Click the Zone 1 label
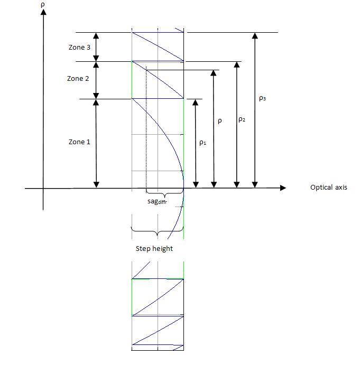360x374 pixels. pyautogui.click(x=79, y=142)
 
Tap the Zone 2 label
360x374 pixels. pyautogui.click(x=78, y=79)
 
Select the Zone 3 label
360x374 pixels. pyautogui.click(x=79, y=47)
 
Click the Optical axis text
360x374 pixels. pyautogui.click(x=329, y=188)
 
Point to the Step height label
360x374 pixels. pyautogui.click(x=154, y=249)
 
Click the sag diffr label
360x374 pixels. pyautogui.click(x=157, y=202)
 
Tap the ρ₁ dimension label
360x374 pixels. pyautogui.click(x=202, y=143)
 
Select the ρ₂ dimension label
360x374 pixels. pyautogui.click(x=242, y=119)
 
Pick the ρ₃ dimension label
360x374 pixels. pyautogui.click(x=262, y=98)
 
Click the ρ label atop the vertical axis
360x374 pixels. pyautogui.click(x=43, y=5)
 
